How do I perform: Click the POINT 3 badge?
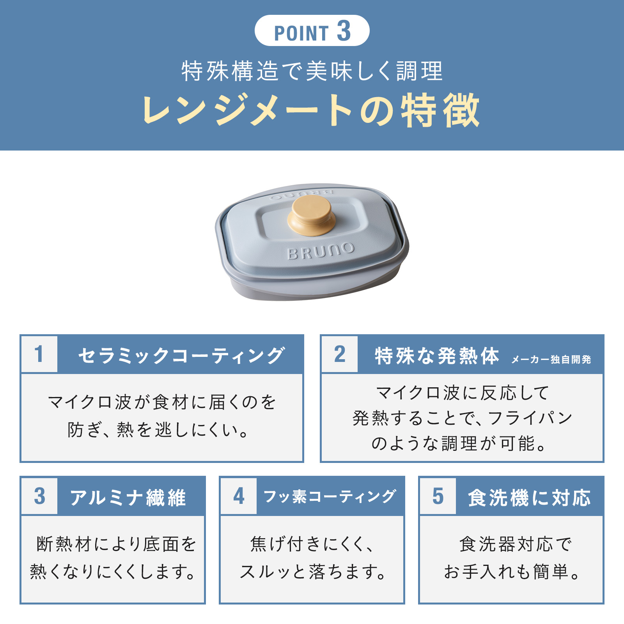tap(312, 30)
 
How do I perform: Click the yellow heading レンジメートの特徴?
tap(311, 110)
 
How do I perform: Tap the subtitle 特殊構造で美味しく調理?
tap(312, 71)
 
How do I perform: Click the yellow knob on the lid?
tap(311, 216)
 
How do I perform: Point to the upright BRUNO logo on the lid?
tap(321, 251)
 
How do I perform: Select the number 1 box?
tap(39, 354)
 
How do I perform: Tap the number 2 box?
tap(340, 354)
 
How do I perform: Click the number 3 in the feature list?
tap(39, 496)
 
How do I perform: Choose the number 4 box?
tap(239, 496)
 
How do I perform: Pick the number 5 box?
tap(438, 496)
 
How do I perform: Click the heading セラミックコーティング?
tap(181, 355)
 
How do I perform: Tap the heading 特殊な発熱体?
tap(437, 355)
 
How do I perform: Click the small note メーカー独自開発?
tap(551, 359)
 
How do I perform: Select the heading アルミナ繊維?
tap(128, 498)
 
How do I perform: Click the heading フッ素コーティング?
tap(330, 496)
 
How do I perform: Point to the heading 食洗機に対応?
tap(529, 498)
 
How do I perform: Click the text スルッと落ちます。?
tap(313, 572)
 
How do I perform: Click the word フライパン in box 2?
tap(530, 418)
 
